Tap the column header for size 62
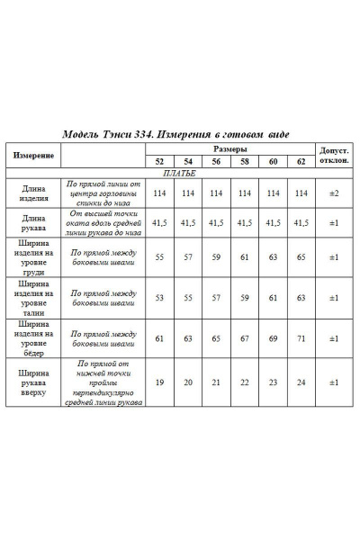tap(301, 162)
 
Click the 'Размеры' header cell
tap(231, 148)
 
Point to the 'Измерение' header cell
tap(33, 155)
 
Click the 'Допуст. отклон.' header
tap(333, 155)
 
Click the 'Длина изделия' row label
tap(33, 193)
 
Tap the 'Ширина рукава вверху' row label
tap(33, 382)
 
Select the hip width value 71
tap(301, 338)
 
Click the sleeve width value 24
tap(301, 382)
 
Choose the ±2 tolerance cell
tap(333, 193)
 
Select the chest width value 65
tap(301, 256)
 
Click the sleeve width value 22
tap(245, 382)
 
